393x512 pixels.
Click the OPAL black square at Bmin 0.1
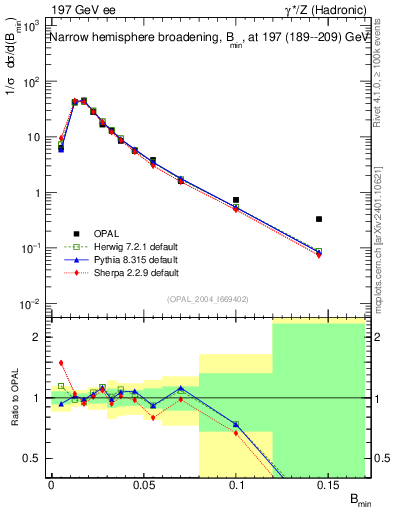pos(236,200)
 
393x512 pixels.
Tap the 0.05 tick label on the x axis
pos(143,485)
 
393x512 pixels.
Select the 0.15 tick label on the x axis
pos(329,485)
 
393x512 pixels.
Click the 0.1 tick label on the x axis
pos(236,485)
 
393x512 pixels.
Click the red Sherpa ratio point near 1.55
pos(61,363)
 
